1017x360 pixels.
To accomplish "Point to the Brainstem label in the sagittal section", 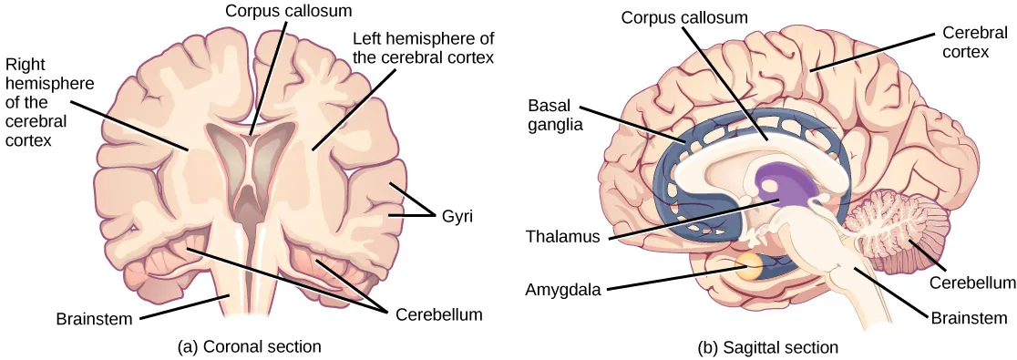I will pyautogui.click(x=970, y=318).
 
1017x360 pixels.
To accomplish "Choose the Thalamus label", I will pyautogui.click(x=562, y=237).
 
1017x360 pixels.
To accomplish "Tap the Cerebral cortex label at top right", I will pyautogui.click(x=960, y=42).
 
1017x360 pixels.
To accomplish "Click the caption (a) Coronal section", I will pyautogui.click(x=251, y=346).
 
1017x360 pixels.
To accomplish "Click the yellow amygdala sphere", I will pyautogui.click(x=749, y=266).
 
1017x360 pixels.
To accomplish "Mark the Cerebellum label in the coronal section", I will pyautogui.click(x=439, y=316).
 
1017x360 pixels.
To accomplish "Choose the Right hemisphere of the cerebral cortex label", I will pyautogui.click(x=42, y=103).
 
